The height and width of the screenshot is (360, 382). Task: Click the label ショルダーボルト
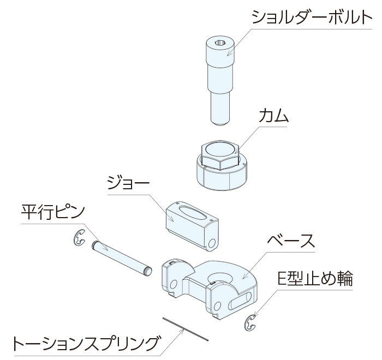point(312,17)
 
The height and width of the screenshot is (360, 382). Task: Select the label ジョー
point(128,183)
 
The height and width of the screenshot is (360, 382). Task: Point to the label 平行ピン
point(53,212)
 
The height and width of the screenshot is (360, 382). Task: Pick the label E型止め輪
point(315,278)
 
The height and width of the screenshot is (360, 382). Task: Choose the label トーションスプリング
point(85,343)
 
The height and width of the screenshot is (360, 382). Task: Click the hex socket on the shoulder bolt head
point(220,43)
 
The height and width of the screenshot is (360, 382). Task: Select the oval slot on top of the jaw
point(193,212)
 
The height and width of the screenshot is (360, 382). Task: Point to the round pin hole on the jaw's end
point(212,243)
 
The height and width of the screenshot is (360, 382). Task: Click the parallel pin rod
point(122,257)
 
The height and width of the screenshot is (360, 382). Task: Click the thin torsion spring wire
point(185,329)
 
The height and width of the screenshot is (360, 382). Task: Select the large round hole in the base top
point(220,278)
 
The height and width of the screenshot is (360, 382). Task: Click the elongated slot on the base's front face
point(240,301)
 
